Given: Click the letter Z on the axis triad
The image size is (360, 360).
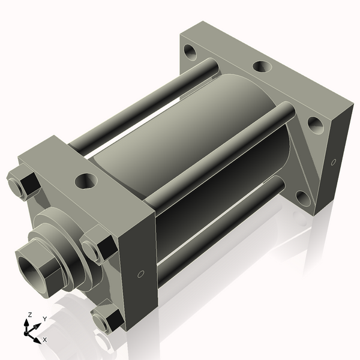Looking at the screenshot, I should coord(29,314).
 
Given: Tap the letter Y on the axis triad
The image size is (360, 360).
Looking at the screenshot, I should coord(44,319).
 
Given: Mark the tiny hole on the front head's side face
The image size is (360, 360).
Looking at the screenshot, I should coord(140,274).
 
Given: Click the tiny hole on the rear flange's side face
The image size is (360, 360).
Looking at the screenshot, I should coord(334,161).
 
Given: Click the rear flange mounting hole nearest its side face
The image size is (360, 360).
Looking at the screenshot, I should coord(314,125).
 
